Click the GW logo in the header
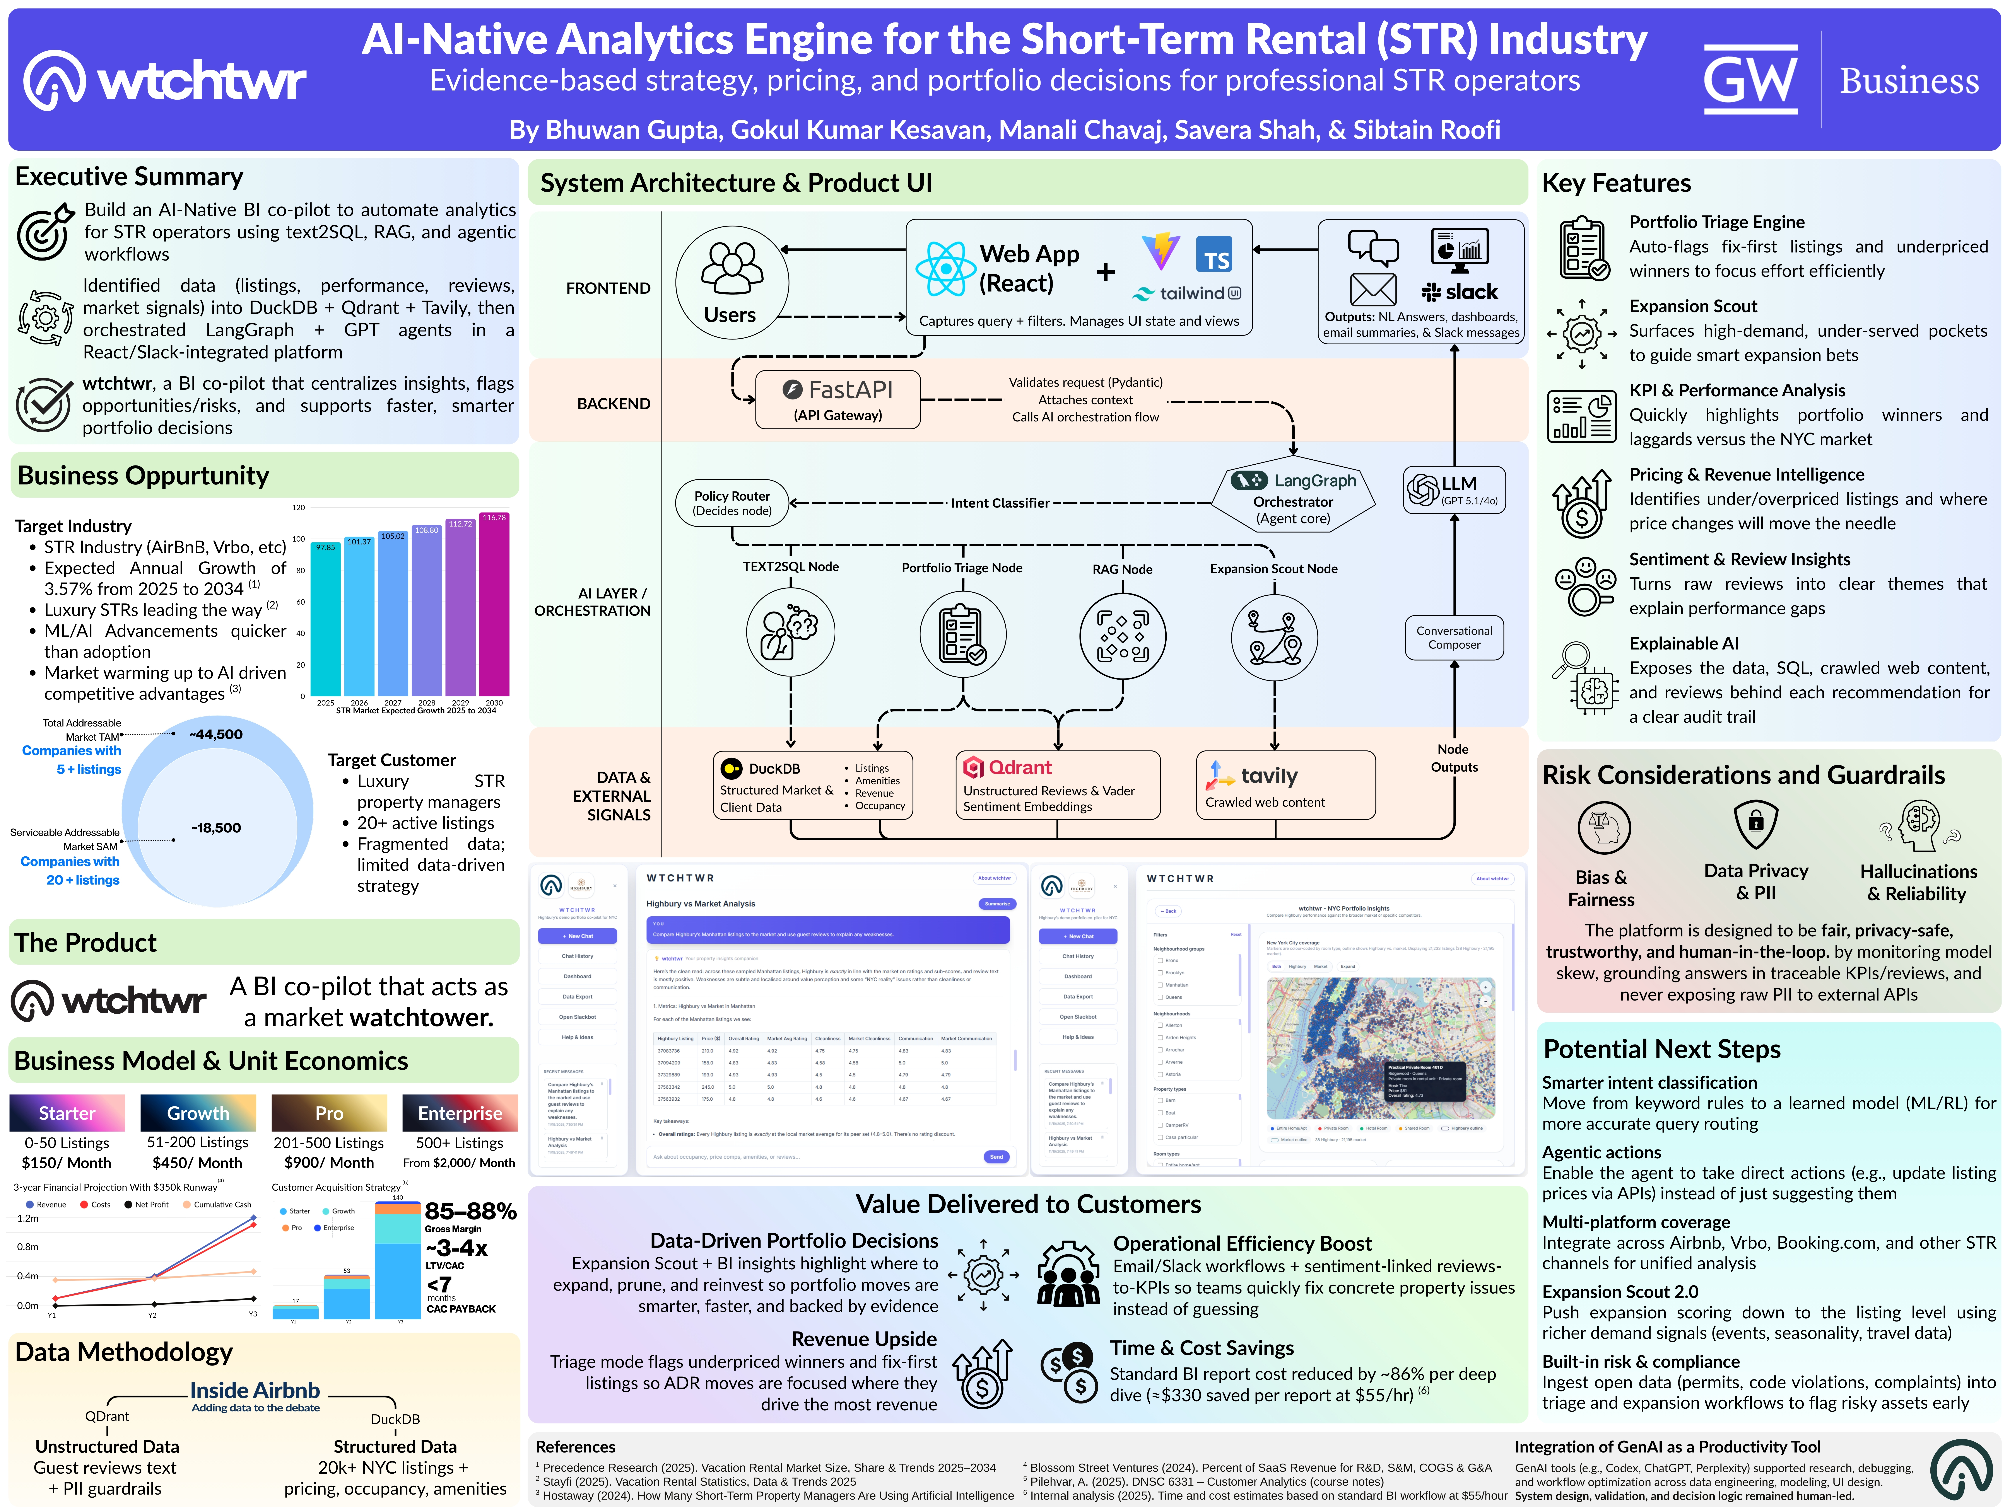(1749, 80)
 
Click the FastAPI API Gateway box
(838, 400)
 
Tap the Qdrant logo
(973, 768)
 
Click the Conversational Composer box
(1454, 638)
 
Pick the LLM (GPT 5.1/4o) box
(1454, 491)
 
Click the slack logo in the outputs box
(1459, 292)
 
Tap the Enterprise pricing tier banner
(460, 1113)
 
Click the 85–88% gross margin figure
(470, 1211)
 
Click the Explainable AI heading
(1683, 643)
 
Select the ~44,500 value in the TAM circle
(216, 734)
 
